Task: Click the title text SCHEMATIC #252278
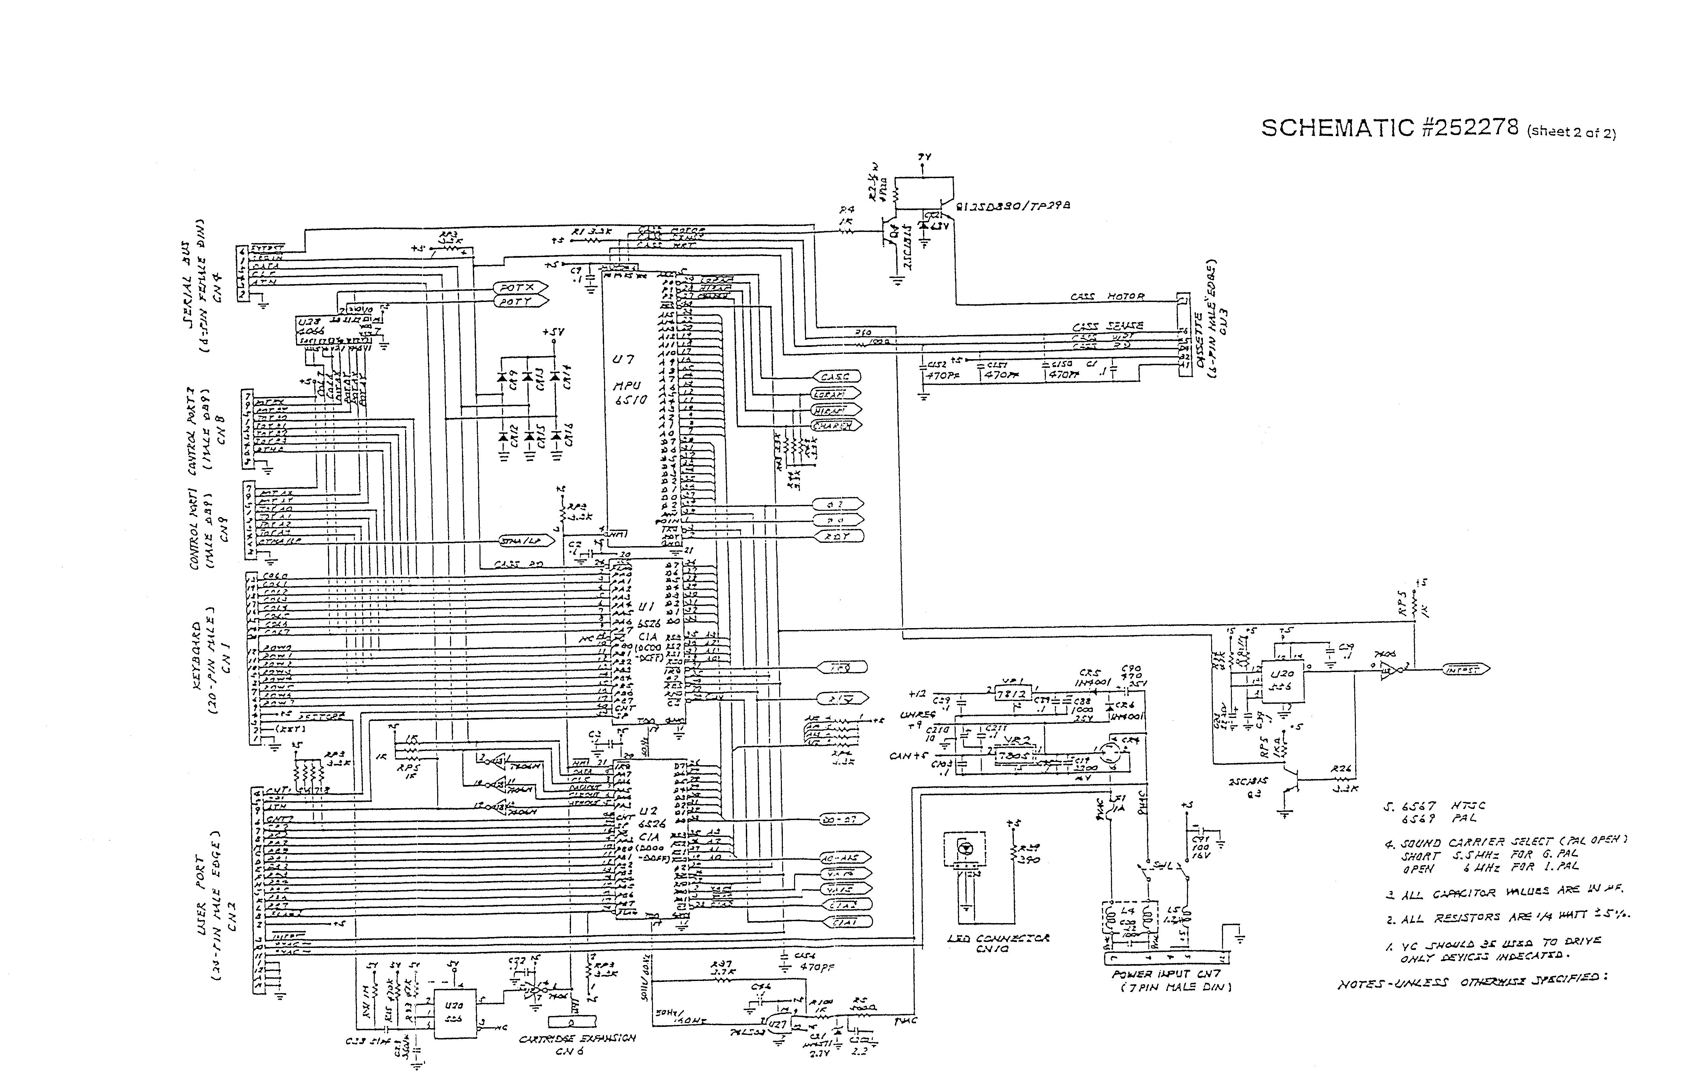coord(1390,128)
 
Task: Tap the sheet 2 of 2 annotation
coord(1572,132)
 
